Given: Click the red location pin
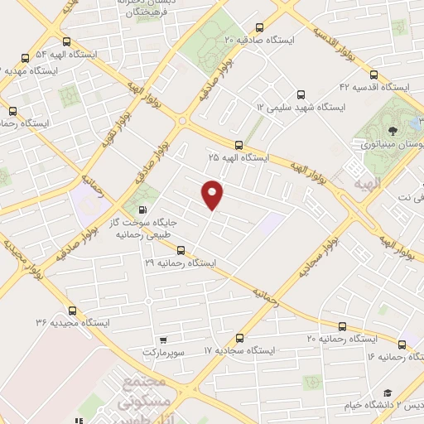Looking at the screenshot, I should click(214, 195).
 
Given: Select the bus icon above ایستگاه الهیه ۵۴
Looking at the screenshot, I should click(66, 41).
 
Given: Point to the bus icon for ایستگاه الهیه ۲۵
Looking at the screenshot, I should click(238, 144).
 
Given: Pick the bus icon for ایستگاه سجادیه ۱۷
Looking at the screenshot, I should click(239, 338).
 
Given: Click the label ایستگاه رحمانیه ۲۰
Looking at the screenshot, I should click(341, 340).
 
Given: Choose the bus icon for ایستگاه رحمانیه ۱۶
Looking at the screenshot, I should click(402, 344).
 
